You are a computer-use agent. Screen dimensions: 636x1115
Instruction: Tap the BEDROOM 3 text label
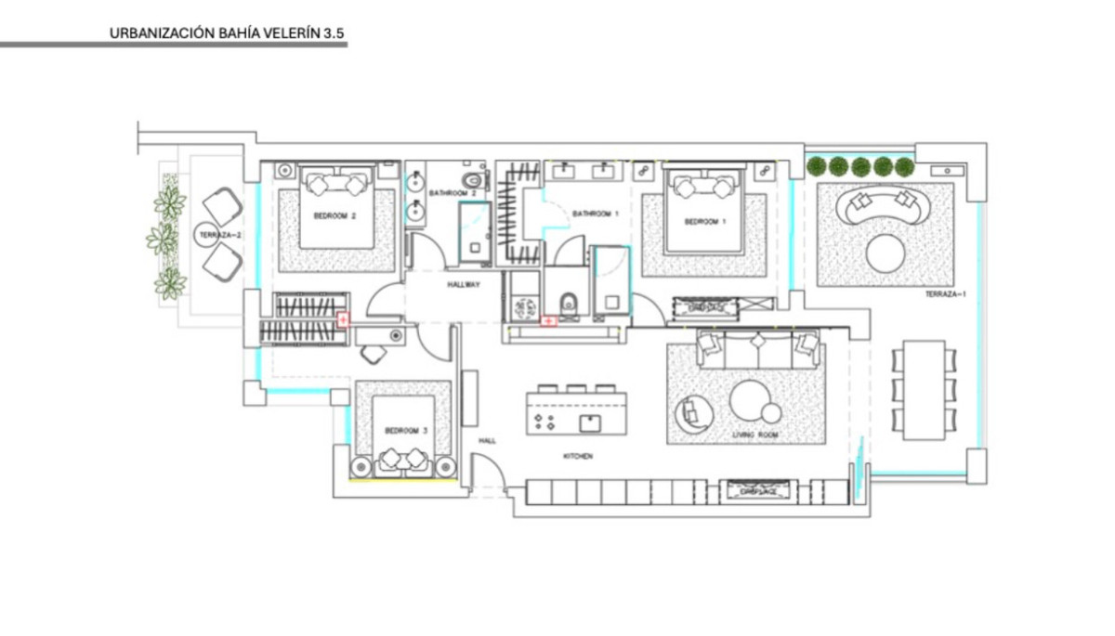point(406,431)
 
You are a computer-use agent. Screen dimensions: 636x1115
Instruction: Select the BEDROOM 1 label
point(703,222)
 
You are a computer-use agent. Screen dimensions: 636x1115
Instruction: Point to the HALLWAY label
point(463,285)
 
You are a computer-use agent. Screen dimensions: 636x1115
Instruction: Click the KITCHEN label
point(577,457)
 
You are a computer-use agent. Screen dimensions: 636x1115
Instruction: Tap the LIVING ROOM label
point(754,435)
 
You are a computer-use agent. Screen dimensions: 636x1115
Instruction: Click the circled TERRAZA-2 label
point(220,236)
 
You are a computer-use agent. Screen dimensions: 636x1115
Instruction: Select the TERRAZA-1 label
point(945,294)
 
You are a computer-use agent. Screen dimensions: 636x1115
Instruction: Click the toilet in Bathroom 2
point(473,179)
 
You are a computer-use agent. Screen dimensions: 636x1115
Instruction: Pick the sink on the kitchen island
point(589,423)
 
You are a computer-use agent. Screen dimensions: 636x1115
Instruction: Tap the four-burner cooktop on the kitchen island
point(544,422)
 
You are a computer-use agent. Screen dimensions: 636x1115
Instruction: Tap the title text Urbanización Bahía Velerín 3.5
point(227,32)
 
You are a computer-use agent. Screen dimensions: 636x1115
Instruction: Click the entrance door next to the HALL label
point(489,474)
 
